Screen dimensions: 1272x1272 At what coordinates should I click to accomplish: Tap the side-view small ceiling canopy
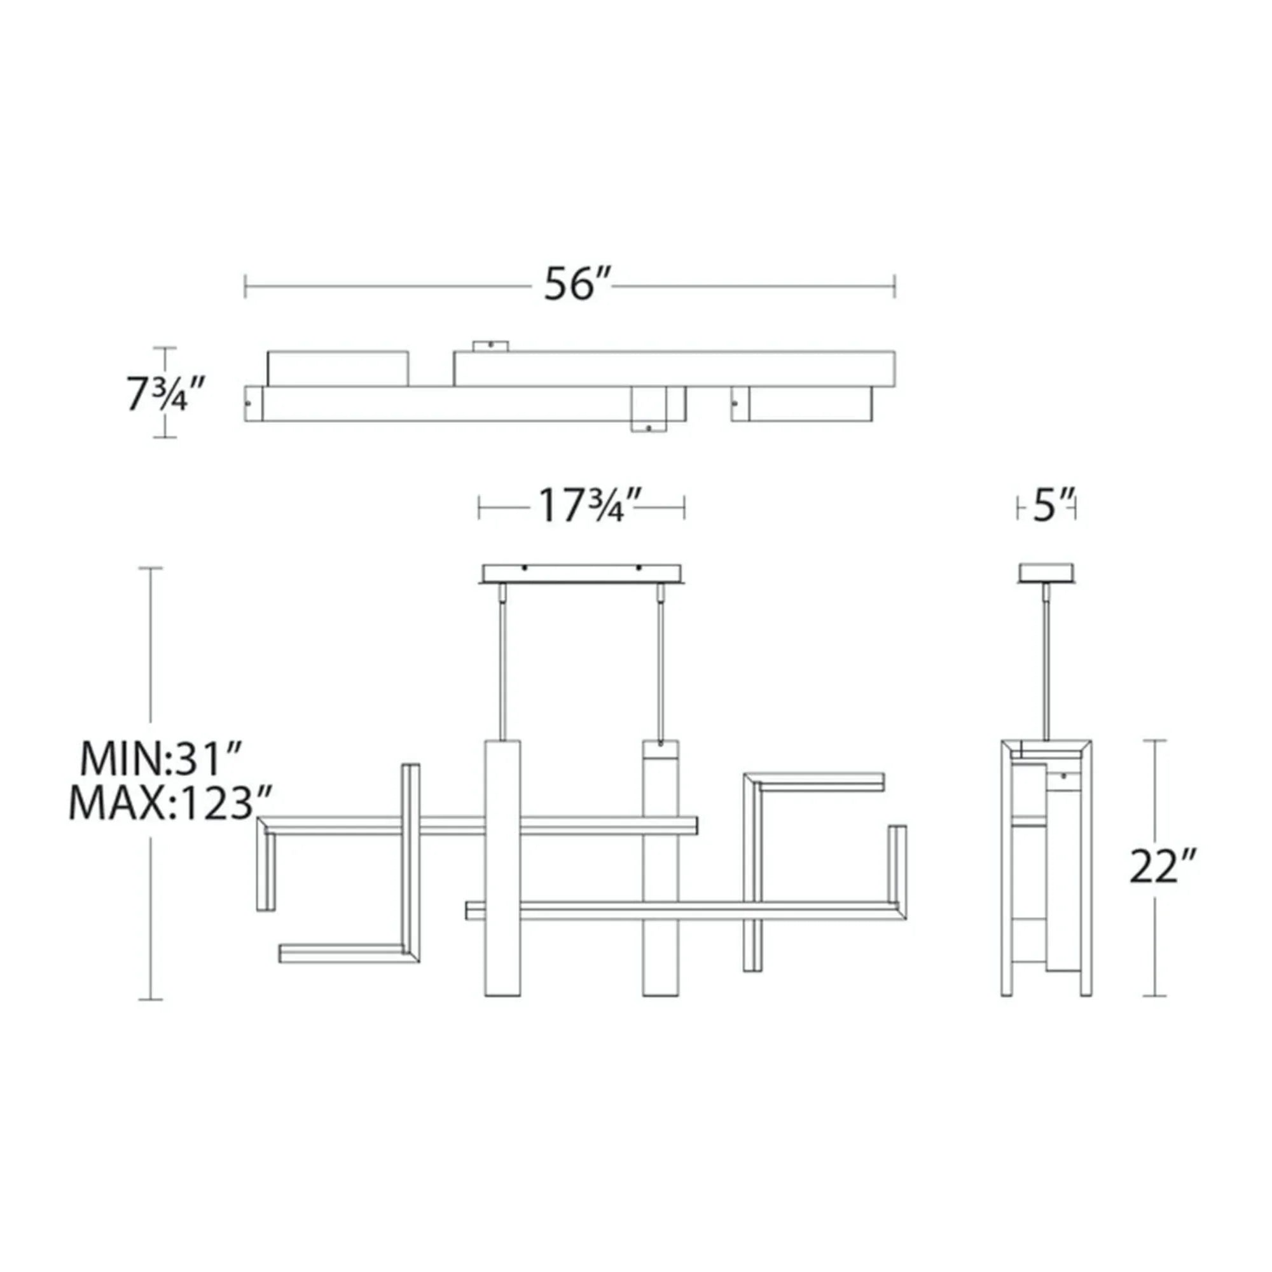coord(1047,572)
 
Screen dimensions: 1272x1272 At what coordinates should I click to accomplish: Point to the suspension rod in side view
coord(1046,665)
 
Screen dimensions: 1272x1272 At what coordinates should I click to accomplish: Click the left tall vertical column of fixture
coord(502,876)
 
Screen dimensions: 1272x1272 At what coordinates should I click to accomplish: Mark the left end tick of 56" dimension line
coord(245,286)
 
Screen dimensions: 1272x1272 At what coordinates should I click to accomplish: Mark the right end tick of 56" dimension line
coord(894,286)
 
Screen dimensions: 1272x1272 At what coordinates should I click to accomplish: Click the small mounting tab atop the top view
coord(491,345)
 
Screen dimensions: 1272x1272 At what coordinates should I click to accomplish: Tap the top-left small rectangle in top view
coord(337,369)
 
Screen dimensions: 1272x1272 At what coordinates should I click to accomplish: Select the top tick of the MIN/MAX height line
coord(151,567)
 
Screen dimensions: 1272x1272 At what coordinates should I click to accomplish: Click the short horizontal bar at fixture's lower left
coord(342,954)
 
